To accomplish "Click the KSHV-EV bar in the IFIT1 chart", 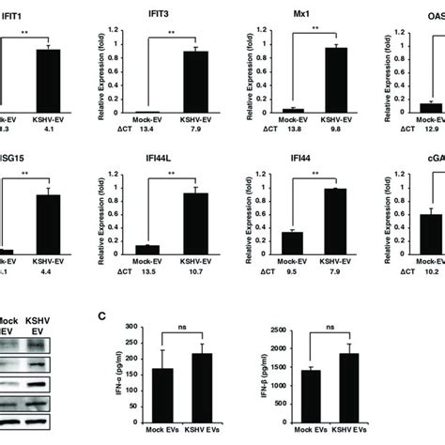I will pyautogui.click(x=54, y=81).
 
